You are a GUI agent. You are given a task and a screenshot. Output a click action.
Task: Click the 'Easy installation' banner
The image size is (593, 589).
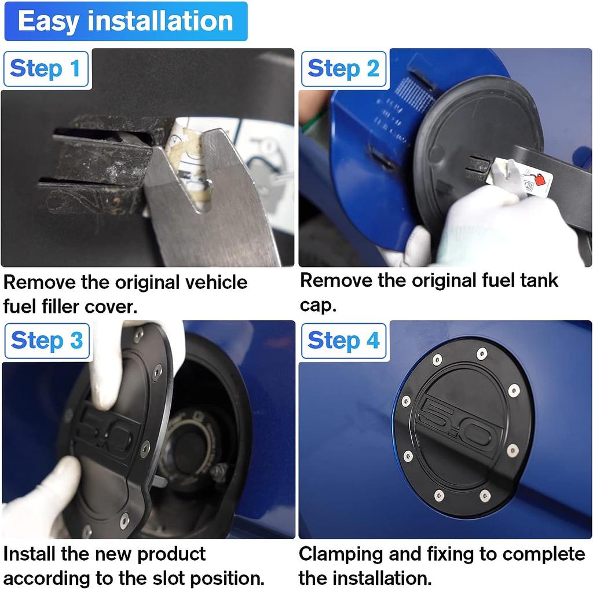(126, 21)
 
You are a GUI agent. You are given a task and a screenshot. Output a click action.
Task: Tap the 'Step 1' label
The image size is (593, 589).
(46, 69)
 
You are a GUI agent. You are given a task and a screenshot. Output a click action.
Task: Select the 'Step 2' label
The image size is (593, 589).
(343, 69)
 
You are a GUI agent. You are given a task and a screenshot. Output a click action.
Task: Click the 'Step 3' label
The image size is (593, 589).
(47, 341)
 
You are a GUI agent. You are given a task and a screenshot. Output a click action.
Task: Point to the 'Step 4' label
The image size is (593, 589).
(343, 341)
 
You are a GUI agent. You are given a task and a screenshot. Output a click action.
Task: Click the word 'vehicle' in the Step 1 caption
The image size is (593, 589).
(217, 283)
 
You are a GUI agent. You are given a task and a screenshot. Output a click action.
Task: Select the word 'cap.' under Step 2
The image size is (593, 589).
(318, 306)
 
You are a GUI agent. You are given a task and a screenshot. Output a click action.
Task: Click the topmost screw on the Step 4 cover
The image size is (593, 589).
(481, 354)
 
